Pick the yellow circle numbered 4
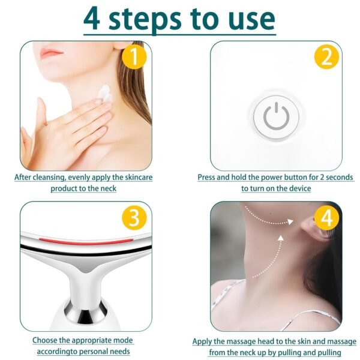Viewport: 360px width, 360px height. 326,217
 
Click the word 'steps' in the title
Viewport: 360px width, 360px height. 153,19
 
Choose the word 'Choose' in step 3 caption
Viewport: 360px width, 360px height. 46,341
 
